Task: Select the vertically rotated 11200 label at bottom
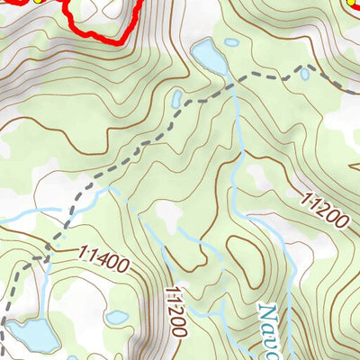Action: pyautogui.click(x=175, y=312)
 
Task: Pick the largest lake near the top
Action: pyautogui.click(x=210, y=57)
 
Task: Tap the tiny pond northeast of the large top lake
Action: pyautogui.click(x=232, y=42)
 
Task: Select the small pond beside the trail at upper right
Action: pyautogui.click(x=304, y=74)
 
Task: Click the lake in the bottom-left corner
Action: pyautogui.click(x=32, y=335)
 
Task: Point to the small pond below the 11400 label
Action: pyautogui.click(x=116, y=317)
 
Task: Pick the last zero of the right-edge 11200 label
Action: pyautogui.click(x=340, y=221)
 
